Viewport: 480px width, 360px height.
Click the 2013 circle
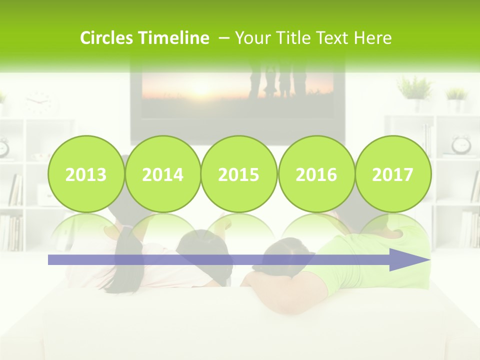86,174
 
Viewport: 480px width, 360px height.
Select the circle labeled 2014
163,174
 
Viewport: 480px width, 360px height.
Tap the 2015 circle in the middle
239,174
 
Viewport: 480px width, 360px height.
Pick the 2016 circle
316,174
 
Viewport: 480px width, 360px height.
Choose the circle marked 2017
393,174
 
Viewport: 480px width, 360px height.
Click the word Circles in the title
107,38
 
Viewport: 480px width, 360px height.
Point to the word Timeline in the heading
174,38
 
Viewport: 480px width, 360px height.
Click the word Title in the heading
292,38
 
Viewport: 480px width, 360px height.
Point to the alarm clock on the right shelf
461,145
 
